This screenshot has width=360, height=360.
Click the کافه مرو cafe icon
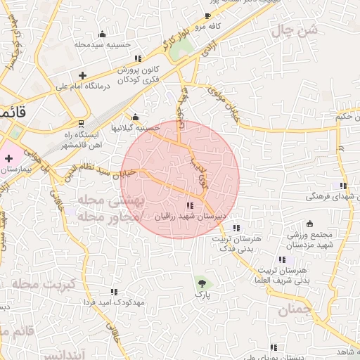tap(207, 15)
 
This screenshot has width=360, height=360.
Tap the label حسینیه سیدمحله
tap(103, 44)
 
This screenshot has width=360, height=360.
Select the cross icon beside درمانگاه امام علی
tap(83, 75)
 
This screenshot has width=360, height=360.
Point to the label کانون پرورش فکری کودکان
tap(138, 75)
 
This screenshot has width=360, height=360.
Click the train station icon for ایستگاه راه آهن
tap(81, 124)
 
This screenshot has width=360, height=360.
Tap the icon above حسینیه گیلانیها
tap(136, 117)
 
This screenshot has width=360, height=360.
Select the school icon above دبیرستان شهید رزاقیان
tap(190, 205)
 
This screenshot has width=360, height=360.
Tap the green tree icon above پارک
tap(203, 283)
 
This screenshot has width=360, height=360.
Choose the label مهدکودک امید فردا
tap(113, 302)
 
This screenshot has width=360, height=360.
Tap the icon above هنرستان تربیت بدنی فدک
tap(236, 228)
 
